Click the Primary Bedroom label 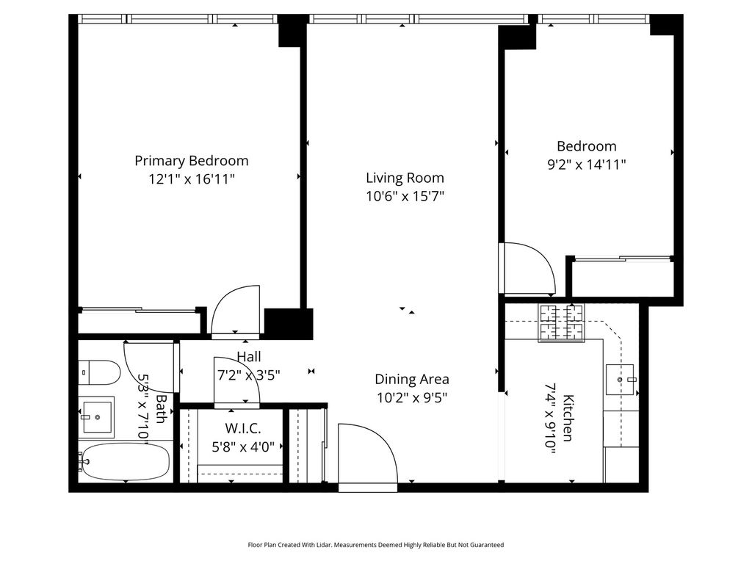(192, 161)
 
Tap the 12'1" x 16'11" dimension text (192, 179)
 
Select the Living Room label (405, 178)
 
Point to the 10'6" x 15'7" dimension (405, 196)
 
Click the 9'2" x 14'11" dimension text (587, 164)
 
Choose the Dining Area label (412, 380)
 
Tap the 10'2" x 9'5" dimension (412, 397)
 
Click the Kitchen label (568, 418)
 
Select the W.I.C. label (243, 428)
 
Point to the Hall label (249, 357)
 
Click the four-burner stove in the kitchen (562, 323)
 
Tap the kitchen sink (620, 380)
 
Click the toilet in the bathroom (98, 372)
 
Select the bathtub (123, 462)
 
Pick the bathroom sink (96, 417)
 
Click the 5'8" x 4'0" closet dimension (243, 447)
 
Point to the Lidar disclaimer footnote (375, 545)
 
